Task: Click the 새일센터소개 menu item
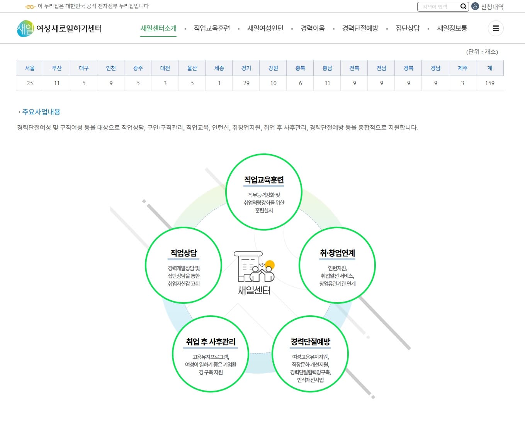point(158,28)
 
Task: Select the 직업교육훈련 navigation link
point(212,28)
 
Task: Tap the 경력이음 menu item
point(313,28)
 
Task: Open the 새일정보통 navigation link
point(452,28)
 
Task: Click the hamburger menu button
point(496,28)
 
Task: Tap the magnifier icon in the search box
point(463,7)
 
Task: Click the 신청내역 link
point(492,7)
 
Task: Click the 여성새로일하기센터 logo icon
point(25,29)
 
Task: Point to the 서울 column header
point(30,68)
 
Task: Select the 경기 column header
point(246,68)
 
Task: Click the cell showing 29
point(246,83)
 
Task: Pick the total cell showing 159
point(489,83)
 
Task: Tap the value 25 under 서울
point(30,83)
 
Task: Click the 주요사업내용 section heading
point(41,112)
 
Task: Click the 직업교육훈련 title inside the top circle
point(264,180)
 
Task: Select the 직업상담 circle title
point(183,253)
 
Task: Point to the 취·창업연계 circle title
point(337,253)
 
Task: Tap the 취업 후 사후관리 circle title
point(211,342)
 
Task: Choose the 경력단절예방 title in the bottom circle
point(310,342)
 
